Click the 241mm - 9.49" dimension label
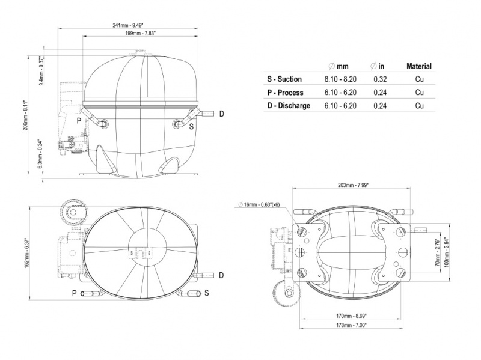(128, 25)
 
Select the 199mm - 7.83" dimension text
(141, 33)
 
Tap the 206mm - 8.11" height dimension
(26, 115)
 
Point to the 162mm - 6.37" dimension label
(26, 252)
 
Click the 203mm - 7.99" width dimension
(353, 185)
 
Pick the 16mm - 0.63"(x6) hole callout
(259, 204)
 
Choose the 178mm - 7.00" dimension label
(352, 325)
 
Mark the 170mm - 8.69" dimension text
(352, 316)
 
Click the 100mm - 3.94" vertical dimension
(446, 252)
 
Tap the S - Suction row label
(284, 79)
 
